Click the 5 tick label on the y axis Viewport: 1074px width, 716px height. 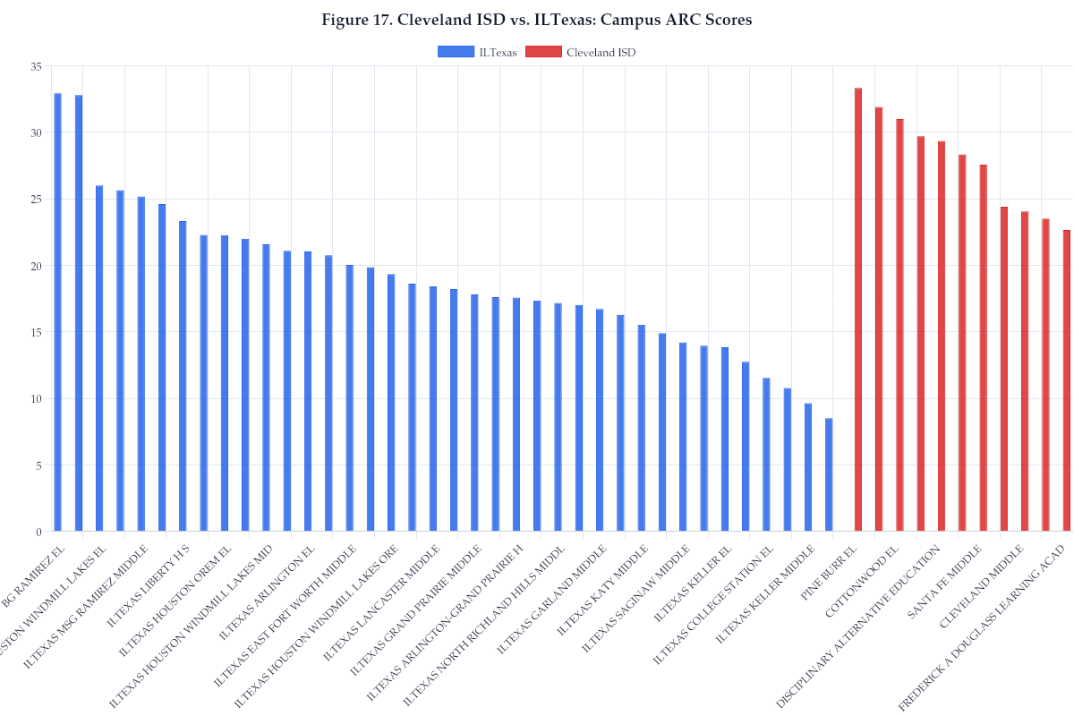coord(38,465)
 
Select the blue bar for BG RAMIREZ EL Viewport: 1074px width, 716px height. coord(58,312)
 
